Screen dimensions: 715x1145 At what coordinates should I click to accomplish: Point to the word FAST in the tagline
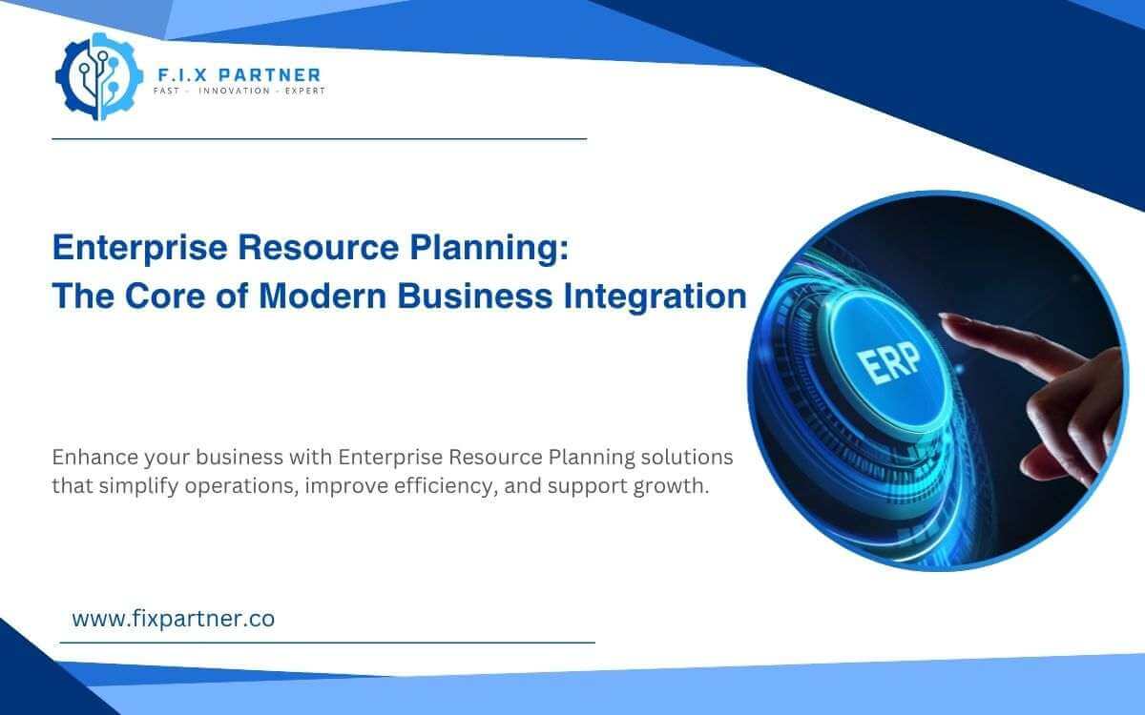[168, 92]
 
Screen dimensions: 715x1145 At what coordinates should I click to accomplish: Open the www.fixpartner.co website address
[173, 618]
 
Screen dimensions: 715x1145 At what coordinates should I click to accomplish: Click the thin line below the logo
[319, 139]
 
